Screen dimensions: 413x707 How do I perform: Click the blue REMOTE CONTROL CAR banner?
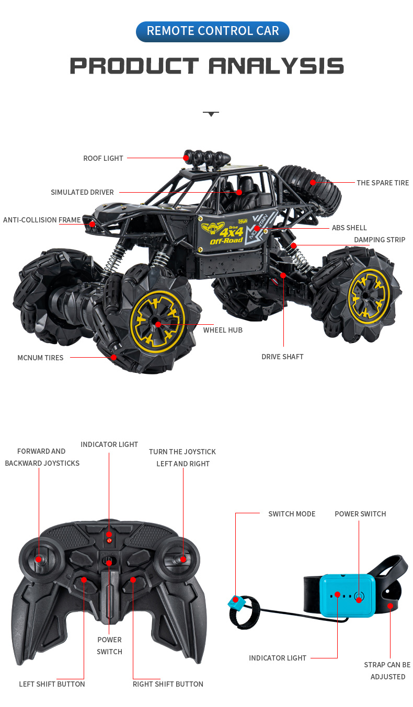coord(212,31)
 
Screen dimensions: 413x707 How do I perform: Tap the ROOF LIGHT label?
coord(103,158)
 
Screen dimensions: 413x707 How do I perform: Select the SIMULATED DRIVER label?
coord(82,192)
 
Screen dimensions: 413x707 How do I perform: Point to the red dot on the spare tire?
coord(313,182)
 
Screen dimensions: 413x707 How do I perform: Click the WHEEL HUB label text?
coord(223,330)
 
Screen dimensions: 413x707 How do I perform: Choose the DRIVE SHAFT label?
coord(282,357)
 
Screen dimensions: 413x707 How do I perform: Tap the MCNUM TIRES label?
coord(40,358)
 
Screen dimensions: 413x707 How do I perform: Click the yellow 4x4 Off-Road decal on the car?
coord(226,233)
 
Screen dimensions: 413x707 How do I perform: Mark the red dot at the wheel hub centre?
coord(158,324)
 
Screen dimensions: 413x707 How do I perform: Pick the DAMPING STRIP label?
coord(380,240)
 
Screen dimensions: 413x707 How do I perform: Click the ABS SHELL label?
coord(349,228)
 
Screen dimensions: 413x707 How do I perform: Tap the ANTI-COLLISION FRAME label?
coord(42,220)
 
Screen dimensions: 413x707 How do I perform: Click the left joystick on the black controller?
coord(39,559)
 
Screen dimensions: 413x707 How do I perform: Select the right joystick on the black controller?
coord(183,559)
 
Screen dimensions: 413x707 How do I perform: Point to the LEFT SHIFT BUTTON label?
coord(52,684)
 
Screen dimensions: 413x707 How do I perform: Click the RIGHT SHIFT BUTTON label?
coord(168,684)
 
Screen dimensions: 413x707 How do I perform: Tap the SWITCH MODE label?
coord(292,514)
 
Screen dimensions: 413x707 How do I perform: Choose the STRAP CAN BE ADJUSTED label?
coord(387,670)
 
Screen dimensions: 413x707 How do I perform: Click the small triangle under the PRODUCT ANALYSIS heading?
coord(211,113)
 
